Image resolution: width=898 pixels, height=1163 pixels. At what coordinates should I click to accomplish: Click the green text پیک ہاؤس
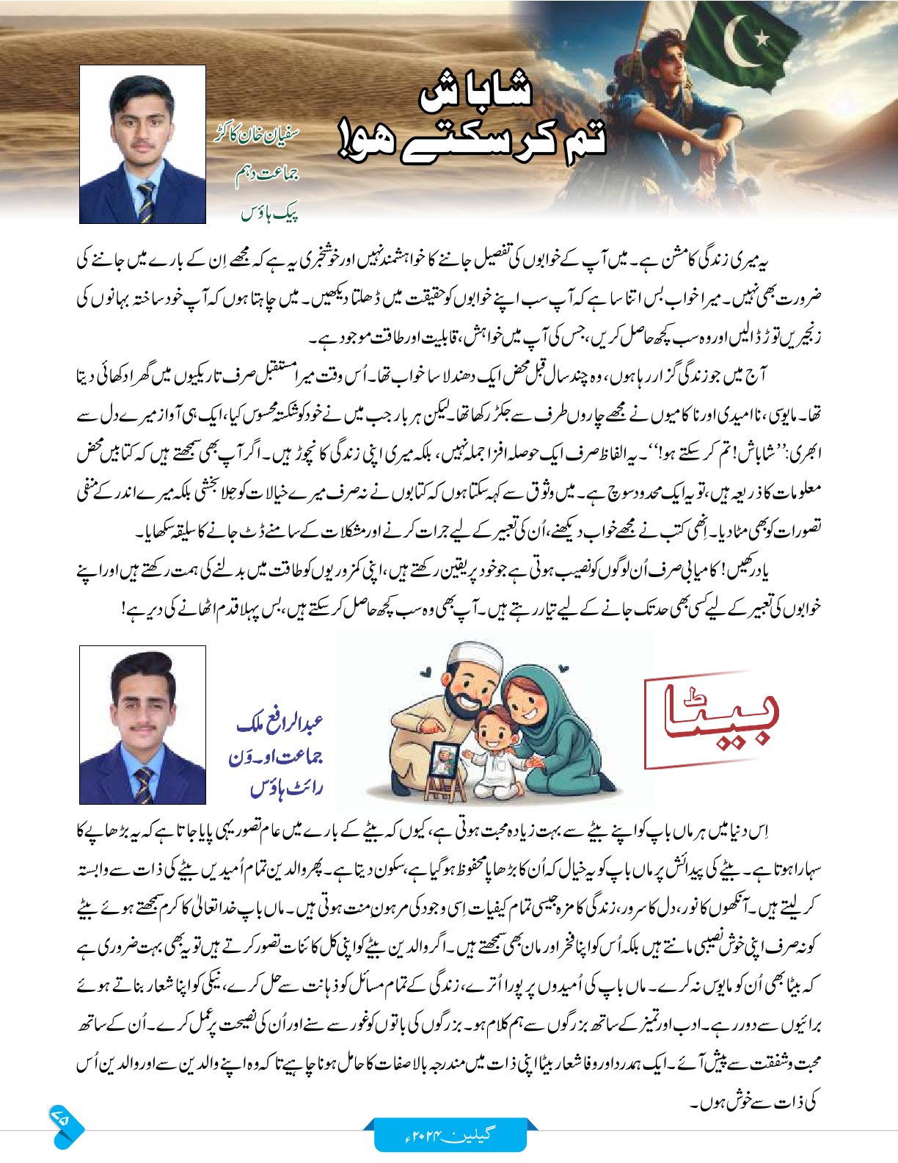[x=270, y=214]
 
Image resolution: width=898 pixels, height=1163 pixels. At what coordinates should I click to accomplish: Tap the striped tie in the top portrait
[x=145, y=203]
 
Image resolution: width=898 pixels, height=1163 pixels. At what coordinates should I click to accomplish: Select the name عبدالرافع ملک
[x=280, y=724]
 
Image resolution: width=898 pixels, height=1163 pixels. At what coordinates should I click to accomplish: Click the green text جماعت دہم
[x=269, y=177]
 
